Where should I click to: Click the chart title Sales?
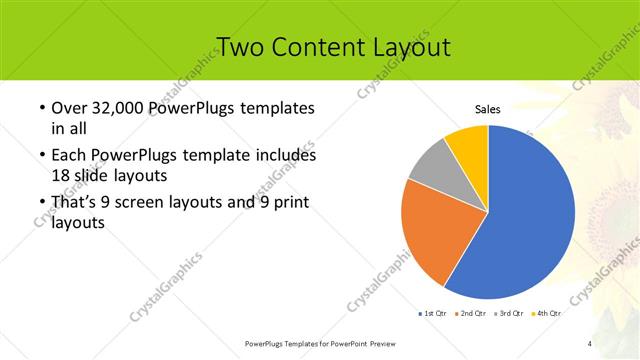(487, 110)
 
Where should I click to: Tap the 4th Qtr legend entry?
(548, 314)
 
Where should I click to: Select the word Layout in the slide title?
(414, 47)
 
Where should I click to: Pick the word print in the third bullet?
(288, 204)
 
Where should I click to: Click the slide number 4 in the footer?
(590, 344)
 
